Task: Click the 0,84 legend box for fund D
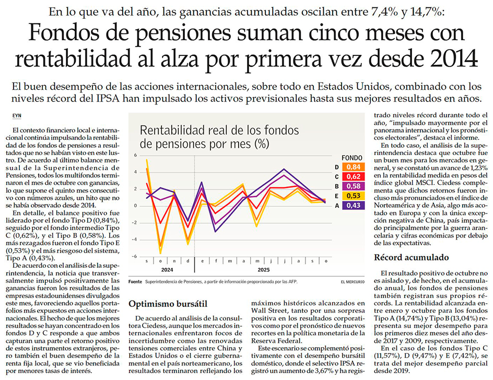point(354,167)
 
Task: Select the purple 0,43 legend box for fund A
point(354,206)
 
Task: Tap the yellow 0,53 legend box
point(354,196)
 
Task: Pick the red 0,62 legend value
point(354,176)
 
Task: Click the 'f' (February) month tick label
point(215,262)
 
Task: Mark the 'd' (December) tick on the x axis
point(188,262)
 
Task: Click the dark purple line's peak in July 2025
point(284,169)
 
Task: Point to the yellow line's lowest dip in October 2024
point(161,253)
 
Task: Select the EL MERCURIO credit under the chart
point(353,282)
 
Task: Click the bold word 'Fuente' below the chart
point(135,282)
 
